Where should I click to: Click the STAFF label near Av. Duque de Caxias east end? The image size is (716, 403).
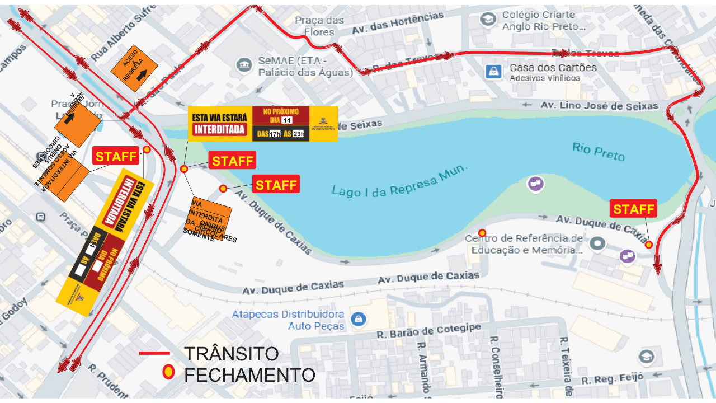point(634,209)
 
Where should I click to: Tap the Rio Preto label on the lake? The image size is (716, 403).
point(598,151)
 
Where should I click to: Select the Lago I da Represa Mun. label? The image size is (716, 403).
point(399,182)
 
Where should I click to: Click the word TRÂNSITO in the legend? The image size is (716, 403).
point(232,354)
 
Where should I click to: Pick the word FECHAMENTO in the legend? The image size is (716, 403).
point(249,374)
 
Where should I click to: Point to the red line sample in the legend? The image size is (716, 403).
point(154,354)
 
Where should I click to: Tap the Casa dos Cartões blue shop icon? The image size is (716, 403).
point(493,71)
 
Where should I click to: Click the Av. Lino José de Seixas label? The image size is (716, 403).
point(600,106)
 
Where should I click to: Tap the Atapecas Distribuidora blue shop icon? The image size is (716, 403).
point(358,320)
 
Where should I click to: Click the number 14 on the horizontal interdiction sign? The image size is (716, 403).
point(286,120)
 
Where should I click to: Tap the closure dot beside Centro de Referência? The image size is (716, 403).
point(482,233)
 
